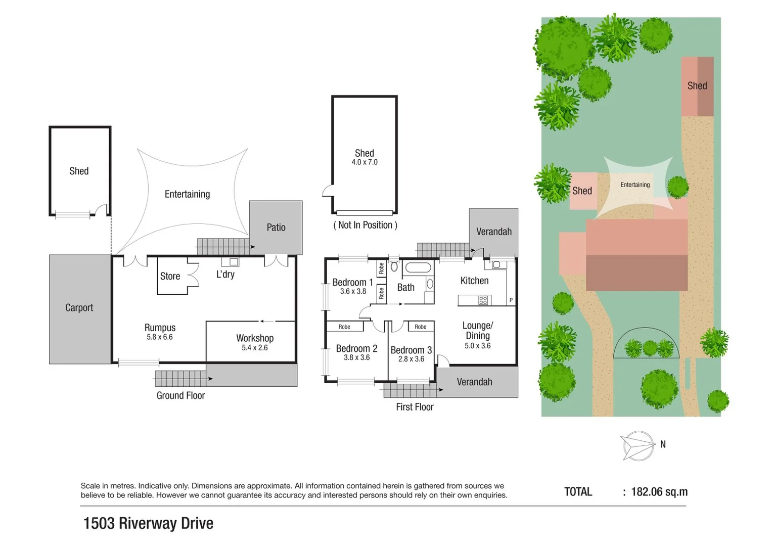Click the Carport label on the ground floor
click(x=79, y=307)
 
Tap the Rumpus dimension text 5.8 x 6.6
click(x=160, y=337)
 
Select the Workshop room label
click(x=255, y=338)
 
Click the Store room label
click(x=170, y=276)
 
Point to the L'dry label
click(x=225, y=274)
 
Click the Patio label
click(x=276, y=227)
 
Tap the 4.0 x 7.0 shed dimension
click(x=365, y=162)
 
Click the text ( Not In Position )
click(x=365, y=225)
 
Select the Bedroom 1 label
click(x=352, y=282)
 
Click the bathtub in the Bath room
click(x=418, y=267)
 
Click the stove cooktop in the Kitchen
click(x=483, y=300)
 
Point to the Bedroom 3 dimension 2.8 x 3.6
click(x=411, y=359)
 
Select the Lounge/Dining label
click(x=477, y=331)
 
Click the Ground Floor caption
click(x=180, y=395)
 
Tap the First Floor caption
click(x=415, y=407)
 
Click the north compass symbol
click(x=638, y=445)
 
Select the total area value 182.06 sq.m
click(x=659, y=492)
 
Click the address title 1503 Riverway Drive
click(x=148, y=523)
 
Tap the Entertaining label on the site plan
click(x=635, y=185)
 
